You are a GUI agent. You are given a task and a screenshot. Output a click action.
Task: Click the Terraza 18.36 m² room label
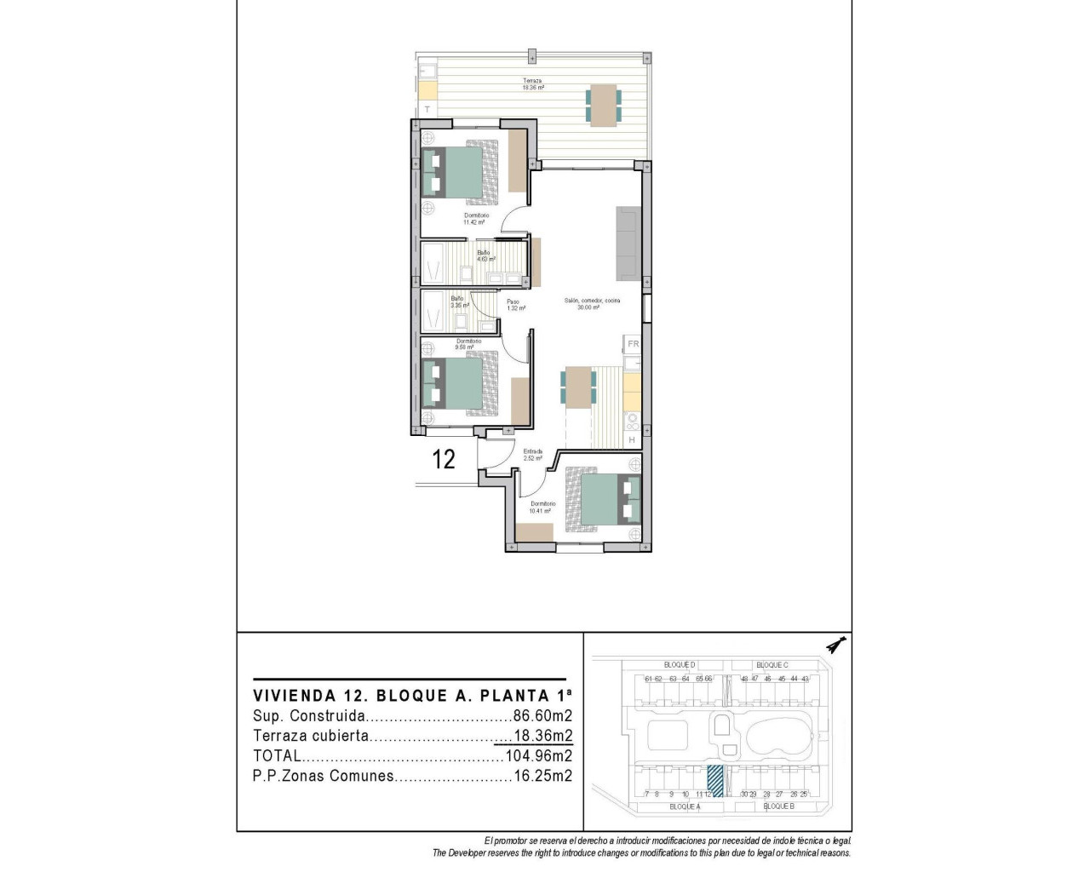[533, 84]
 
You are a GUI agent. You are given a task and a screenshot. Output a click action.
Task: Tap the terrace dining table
[604, 105]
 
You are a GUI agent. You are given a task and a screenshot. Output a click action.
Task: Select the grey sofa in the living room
[628, 243]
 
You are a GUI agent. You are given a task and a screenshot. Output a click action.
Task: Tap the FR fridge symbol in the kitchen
[633, 344]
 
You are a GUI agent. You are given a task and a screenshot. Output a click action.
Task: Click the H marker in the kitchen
[632, 439]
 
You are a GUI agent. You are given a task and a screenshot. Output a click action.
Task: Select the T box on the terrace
[427, 110]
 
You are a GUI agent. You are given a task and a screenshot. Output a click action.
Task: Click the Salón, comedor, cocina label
[592, 304]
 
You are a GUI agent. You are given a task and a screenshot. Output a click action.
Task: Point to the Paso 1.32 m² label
[515, 305]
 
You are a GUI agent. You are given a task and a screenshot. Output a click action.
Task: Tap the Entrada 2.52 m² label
[533, 455]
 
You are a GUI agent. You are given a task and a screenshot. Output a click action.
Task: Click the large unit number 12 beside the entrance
[444, 460]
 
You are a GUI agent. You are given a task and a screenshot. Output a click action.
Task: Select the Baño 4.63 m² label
[485, 255]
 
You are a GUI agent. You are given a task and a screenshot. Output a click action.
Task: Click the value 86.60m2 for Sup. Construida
[542, 716]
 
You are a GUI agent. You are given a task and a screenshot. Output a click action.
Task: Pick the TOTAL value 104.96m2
[539, 755]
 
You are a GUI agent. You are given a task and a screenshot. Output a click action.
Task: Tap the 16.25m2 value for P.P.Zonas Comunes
[543, 776]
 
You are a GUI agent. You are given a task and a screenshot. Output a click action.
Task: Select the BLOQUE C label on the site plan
[772, 664]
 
